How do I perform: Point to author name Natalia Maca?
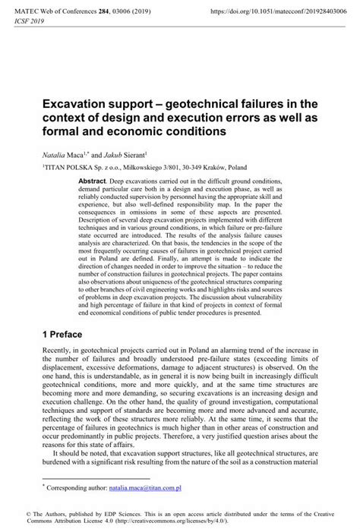(65, 152)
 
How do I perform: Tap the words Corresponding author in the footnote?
(79, 481)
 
